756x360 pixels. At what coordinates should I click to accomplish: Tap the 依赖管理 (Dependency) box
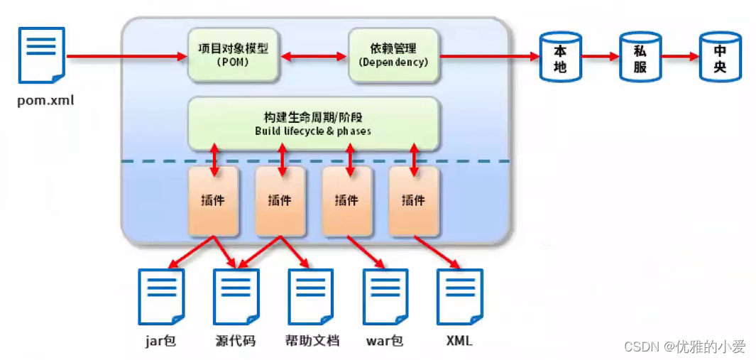pos(393,55)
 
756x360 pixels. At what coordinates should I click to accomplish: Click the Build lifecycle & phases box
pos(313,124)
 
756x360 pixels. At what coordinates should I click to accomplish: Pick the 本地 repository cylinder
pos(560,57)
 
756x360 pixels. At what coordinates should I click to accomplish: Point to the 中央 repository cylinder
pos(720,57)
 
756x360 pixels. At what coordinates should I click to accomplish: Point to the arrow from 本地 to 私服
pos(600,55)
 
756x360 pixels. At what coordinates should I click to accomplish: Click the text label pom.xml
pos(45,100)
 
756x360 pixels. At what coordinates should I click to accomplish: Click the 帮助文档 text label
pos(312,341)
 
